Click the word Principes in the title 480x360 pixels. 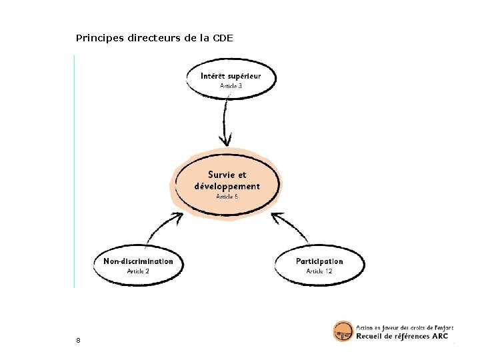[94, 38]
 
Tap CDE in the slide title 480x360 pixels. [223, 38]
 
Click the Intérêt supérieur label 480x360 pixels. [231, 75]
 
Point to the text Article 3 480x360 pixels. [231, 86]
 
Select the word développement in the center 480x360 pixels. [227, 186]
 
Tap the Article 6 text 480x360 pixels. [227, 197]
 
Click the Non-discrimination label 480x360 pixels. [138, 261]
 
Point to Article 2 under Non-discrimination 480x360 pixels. [138, 271]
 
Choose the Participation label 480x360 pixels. [319, 261]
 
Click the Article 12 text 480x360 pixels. [319, 271]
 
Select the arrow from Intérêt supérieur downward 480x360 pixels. [225, 123]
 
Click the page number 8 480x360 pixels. [78, 341]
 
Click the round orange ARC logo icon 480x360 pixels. [343, 331]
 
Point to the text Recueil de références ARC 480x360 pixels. [402, 336]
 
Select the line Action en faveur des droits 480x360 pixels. [405, 327]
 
